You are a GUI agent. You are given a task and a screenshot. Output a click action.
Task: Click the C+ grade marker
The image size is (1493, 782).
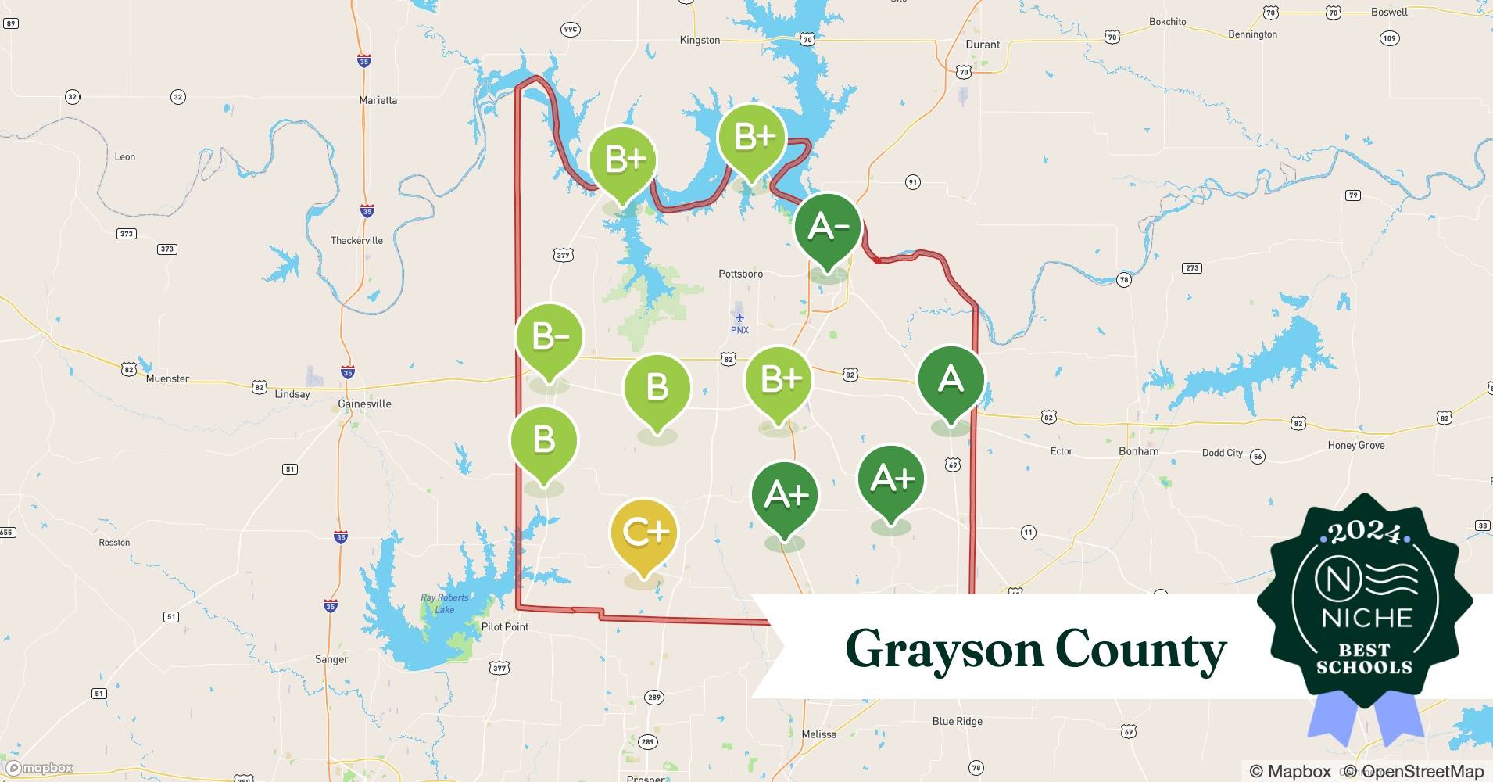point(644,533)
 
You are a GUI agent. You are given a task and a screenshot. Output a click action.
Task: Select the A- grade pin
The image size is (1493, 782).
point(827,228)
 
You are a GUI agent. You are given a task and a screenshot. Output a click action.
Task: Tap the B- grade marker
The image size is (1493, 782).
point(549,337)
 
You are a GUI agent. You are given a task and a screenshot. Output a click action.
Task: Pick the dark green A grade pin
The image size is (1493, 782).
point(951,379)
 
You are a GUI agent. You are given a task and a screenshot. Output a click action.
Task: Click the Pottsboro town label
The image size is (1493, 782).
point(740,274)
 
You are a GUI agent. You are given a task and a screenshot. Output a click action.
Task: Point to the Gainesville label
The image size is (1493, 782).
point(364,404)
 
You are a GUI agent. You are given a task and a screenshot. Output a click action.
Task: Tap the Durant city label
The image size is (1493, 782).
point(983,45)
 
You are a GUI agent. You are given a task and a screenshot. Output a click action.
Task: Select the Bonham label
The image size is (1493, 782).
point(1138,451)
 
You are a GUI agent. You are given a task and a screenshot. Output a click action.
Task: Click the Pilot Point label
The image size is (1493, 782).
point(505,626)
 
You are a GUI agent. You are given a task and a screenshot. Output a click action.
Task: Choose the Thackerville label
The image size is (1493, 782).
point(356,240)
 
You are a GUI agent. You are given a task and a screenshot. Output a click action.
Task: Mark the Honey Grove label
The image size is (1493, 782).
point(1355,445)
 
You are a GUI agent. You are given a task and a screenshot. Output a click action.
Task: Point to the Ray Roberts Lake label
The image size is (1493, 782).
point(444,603)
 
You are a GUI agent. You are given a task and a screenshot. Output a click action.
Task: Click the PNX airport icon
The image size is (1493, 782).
point(739,317)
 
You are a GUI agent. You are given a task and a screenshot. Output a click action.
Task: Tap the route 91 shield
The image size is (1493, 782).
point(912,182)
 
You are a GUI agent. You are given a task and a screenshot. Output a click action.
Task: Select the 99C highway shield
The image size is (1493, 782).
point(570,30)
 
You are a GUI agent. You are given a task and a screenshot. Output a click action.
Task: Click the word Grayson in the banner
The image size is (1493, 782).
point(943,650)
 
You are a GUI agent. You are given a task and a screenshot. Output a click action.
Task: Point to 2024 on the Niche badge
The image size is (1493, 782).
point(1364,533)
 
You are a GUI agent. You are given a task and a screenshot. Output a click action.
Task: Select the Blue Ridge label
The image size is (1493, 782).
point(957,721)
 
